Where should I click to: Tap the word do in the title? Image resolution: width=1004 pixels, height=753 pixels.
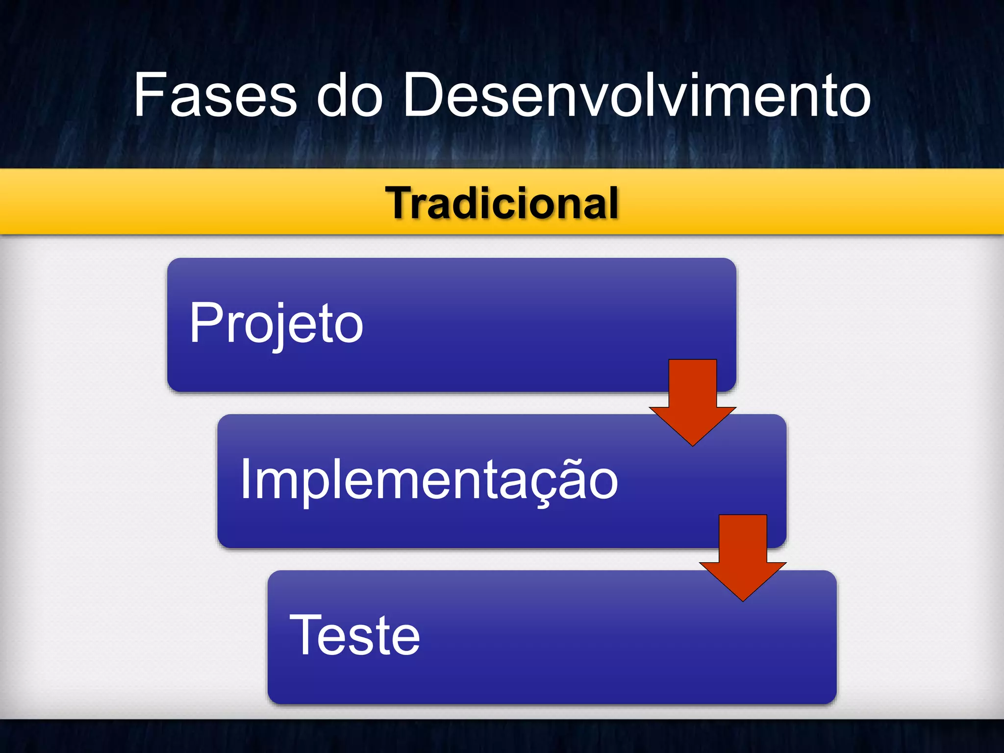pyautogui.click(x=350, y=95)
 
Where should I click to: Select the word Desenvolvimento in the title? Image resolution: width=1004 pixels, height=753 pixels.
pyautogui.click(x=636, y=95)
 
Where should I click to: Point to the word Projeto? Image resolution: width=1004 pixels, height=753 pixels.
pyautogui.click(x=276, y=324)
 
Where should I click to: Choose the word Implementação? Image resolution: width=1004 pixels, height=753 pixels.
pyautogui.click(x=429, y=479)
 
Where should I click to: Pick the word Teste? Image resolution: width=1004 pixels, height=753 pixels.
pyautogui.click(x=354, y=635)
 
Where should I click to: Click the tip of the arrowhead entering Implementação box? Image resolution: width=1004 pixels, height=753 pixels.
pyautogui.click(x=692, y=445)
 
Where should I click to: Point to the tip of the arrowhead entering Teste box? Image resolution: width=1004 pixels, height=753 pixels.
pyautogui.click(x=743, y=600)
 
